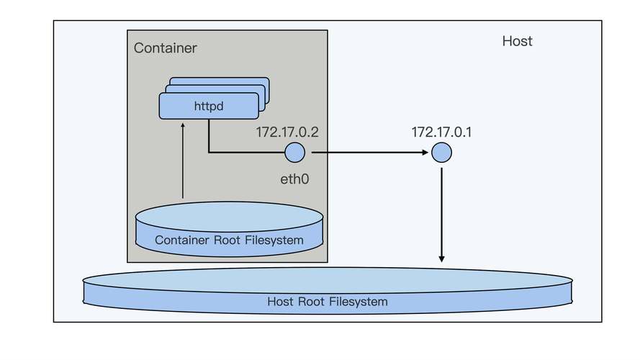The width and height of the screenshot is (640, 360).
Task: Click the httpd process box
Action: click(x=209, y=106)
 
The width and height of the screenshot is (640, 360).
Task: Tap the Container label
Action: click(x=165, y=48)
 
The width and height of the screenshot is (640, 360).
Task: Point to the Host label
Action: click(x=517, y=41)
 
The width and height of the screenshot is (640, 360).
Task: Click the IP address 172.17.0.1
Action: click(x=441, y=132)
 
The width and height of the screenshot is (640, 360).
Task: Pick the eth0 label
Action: click(x=294, y=177)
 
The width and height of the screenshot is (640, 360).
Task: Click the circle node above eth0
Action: click(x=294, y=153)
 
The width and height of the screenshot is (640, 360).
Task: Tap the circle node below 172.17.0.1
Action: click(x=441, y=153)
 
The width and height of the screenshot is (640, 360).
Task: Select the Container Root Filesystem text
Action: click(x=229, y=240)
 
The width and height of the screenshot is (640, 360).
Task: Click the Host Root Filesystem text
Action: click(x=327, y=302)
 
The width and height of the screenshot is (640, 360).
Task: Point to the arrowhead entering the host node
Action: click(x=425, y=153)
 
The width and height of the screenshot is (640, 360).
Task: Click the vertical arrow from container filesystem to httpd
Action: click(x=183, y=162)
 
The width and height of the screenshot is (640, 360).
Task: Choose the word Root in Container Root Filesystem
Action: click(x=225, y=240)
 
